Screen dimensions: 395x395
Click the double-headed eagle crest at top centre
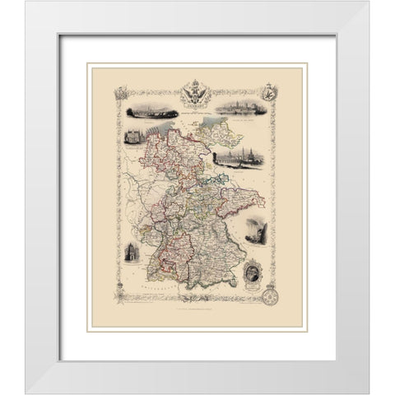pyautogui.click(x=198, y=88)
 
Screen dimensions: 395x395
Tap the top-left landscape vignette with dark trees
pyautogui.click(x=141, y=108)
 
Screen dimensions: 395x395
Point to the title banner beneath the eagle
pyautogui.click(x=198, y=103)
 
